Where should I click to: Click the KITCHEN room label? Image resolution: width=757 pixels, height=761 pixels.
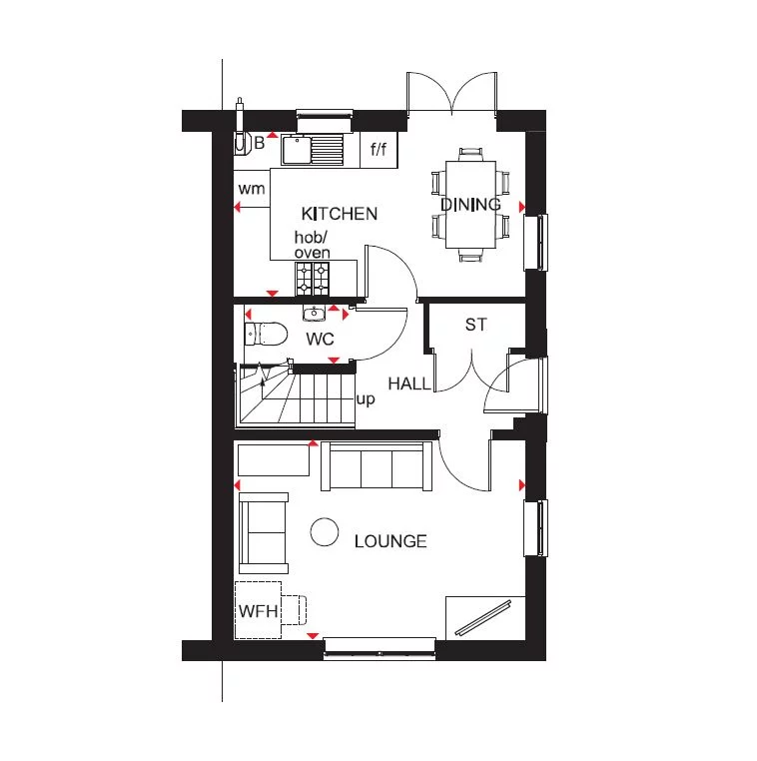coord(340,214)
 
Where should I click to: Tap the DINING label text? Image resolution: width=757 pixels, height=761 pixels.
coord(470,205)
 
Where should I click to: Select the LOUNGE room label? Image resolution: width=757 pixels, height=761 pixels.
coord(390,541)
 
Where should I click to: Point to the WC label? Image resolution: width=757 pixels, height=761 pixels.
coord(320,339)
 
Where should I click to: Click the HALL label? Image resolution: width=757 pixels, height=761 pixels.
coord(409,383)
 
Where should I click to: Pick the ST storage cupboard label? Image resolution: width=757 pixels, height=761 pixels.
coord(475,326)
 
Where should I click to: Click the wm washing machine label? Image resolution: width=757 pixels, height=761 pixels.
coord(250,189)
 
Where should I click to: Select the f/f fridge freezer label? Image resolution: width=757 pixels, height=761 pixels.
coord(378,151)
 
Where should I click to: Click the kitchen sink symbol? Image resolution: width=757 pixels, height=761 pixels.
coord(313,150)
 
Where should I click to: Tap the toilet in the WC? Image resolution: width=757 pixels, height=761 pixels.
coord(266,333)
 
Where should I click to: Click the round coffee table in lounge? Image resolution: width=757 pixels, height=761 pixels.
coord(324,532)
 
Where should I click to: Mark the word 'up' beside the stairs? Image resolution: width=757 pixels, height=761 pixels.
coord(366,399)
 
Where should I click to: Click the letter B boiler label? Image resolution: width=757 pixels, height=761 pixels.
coord(259,143)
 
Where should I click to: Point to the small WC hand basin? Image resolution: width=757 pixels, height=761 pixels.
coord(316,312)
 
